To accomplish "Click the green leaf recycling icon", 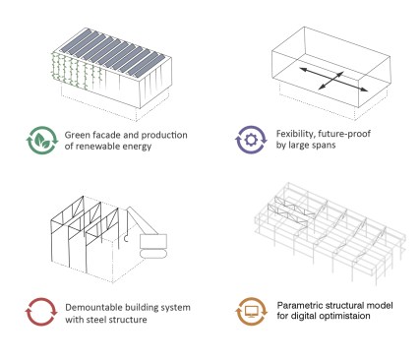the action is [x=42, y=140].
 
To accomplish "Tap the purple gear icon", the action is [x=251, y=140].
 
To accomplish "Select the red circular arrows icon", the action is [x=41, y=312].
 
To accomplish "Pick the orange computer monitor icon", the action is [x=252, y=311].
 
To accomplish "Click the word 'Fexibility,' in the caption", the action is [x=295, y=134].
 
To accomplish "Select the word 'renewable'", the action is [x=97, y=147].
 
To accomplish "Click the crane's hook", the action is [x=126, y=238].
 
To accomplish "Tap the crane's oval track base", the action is [x=153, y=254].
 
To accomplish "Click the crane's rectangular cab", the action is [x=153, y=241].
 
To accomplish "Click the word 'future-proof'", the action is [x=344, y=134].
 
